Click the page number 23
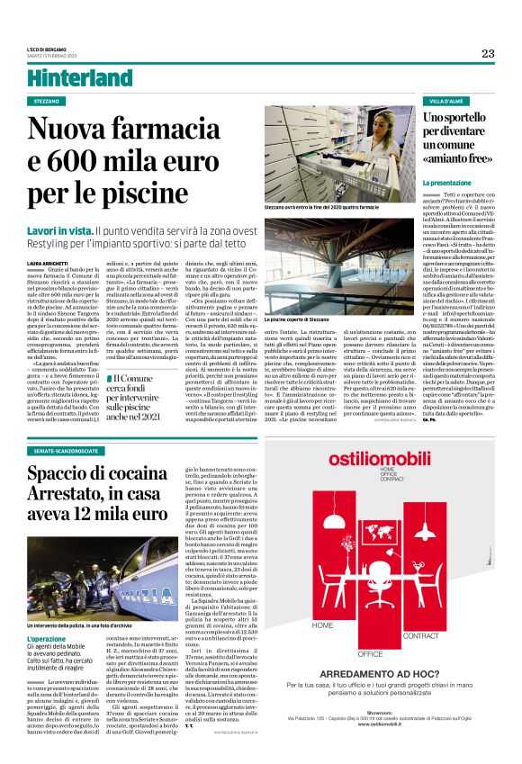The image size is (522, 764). click(x=487, y=53)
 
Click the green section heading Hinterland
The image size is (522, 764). click(x=80, y=78)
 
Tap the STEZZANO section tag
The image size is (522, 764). click(x=49, y=101)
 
